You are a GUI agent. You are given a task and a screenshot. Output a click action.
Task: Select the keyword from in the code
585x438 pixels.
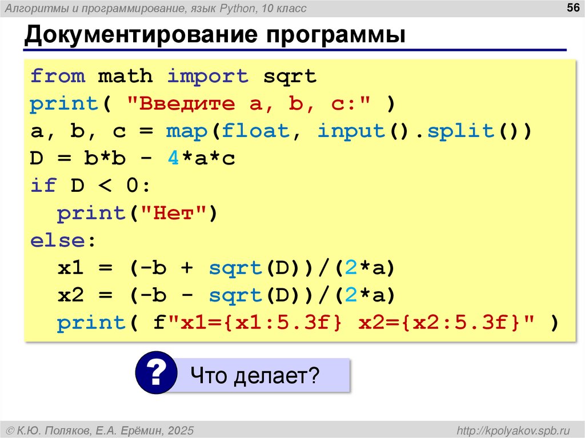coord(58,76)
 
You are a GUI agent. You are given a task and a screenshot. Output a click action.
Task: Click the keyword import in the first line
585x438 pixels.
coord(208,76)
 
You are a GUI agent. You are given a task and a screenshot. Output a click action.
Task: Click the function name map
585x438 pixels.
coord(187,131)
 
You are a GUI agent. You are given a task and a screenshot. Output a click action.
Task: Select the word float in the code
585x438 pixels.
coord(256,131)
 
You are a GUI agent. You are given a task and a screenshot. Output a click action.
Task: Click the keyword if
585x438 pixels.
coord(43,186)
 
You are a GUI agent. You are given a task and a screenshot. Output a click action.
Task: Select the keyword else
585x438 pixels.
coord(58,240)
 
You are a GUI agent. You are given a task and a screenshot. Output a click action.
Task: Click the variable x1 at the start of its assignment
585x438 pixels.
coord(71,268)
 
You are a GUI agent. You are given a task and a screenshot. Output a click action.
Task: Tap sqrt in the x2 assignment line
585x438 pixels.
coord(235,295)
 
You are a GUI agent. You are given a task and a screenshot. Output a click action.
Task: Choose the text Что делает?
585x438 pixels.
coord(255,375)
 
